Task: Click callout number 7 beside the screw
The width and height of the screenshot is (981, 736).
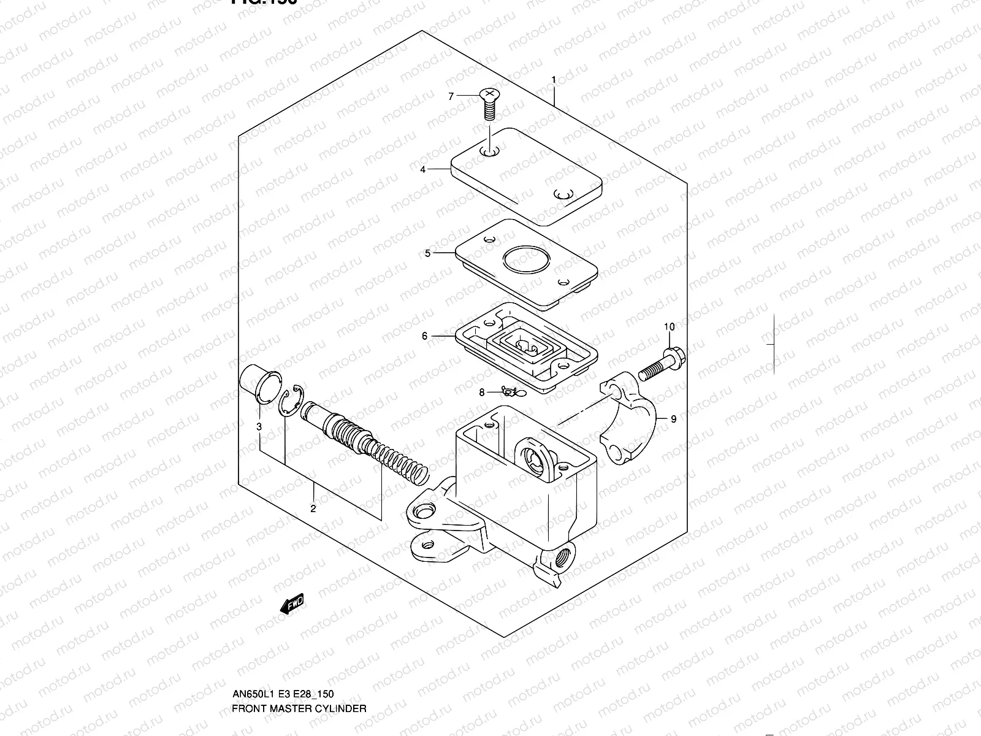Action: pyautogui.click(x=451, y=96)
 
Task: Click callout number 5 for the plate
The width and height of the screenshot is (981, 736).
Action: pyautogui.click(x=427, y=253)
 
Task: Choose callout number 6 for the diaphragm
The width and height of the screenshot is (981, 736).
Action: pyautogui.click(x=424, y=336)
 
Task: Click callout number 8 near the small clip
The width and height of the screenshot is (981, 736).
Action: pyautogui.click(x=482, y=392)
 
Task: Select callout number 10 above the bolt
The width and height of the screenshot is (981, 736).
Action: pyautogui.click(x=669, y=327)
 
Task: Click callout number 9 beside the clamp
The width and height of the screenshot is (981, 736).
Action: pyautogui.click(x=673, y=419)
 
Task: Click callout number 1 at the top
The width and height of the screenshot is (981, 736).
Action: pyautogui.click(x=553, y=80)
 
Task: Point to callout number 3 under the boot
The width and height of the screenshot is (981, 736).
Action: pyautogui.click(x=259, y=426)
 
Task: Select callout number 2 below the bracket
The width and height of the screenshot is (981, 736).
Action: pyautogui.click(x=313, y=508)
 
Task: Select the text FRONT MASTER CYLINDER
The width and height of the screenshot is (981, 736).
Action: pyautogui.click(x=299, y=708)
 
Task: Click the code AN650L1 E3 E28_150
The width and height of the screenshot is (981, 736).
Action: pyautogui.click(x=283, y=694)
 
